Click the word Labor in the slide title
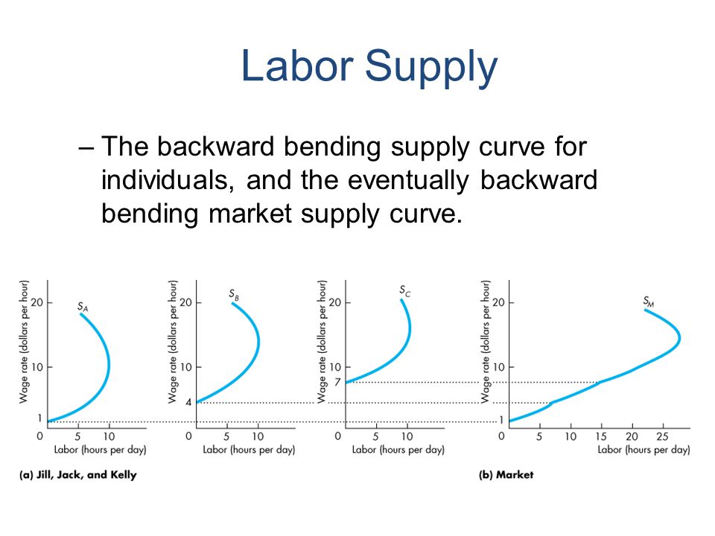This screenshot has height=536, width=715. pos(297,66)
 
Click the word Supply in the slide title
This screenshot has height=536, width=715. pos(431,68)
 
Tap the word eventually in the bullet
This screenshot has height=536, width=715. pos(408,180)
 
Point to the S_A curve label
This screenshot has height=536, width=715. pos(83,307)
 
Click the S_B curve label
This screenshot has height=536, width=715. pos(234,295)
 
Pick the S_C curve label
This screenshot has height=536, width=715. pos(405,290)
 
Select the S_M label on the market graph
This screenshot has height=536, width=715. pos(649,301)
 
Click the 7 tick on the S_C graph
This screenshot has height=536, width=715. pos(337,382)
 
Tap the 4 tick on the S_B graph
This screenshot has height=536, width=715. pos(188,403)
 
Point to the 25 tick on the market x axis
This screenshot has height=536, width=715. pos(662,437)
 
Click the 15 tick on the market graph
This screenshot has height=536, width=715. pos(601,437)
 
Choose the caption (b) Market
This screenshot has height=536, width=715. pos(506,475)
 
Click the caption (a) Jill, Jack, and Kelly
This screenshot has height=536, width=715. pos(77,475)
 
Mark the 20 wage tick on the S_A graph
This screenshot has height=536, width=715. pos(37,302)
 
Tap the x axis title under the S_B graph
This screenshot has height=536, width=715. pos(249,450)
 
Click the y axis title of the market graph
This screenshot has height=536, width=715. pos(486,342)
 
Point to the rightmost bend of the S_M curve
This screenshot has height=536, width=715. pos(679,338)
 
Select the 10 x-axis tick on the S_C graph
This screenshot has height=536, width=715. pos(407,437)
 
